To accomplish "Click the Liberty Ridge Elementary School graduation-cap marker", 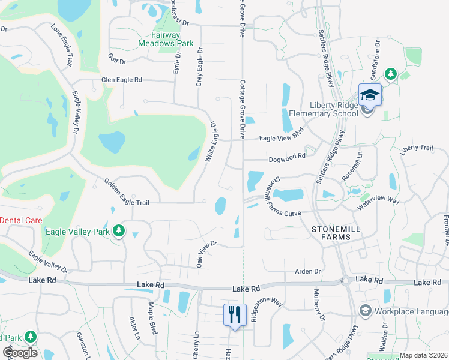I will click(x=370, y=95).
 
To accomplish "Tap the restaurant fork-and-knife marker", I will click(x=234, y=314).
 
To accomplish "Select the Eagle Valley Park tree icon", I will click(x=119, y=230).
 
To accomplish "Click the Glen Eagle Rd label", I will click(x=122, y=80).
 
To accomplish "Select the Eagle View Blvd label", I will click(x=282, y=134).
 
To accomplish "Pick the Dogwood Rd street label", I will click(x=288, y=155).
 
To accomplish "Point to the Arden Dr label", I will click(x=309, y=271).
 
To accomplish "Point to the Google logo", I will click(x=20, y=352).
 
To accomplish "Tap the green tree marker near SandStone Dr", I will click(x=391, y=73).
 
